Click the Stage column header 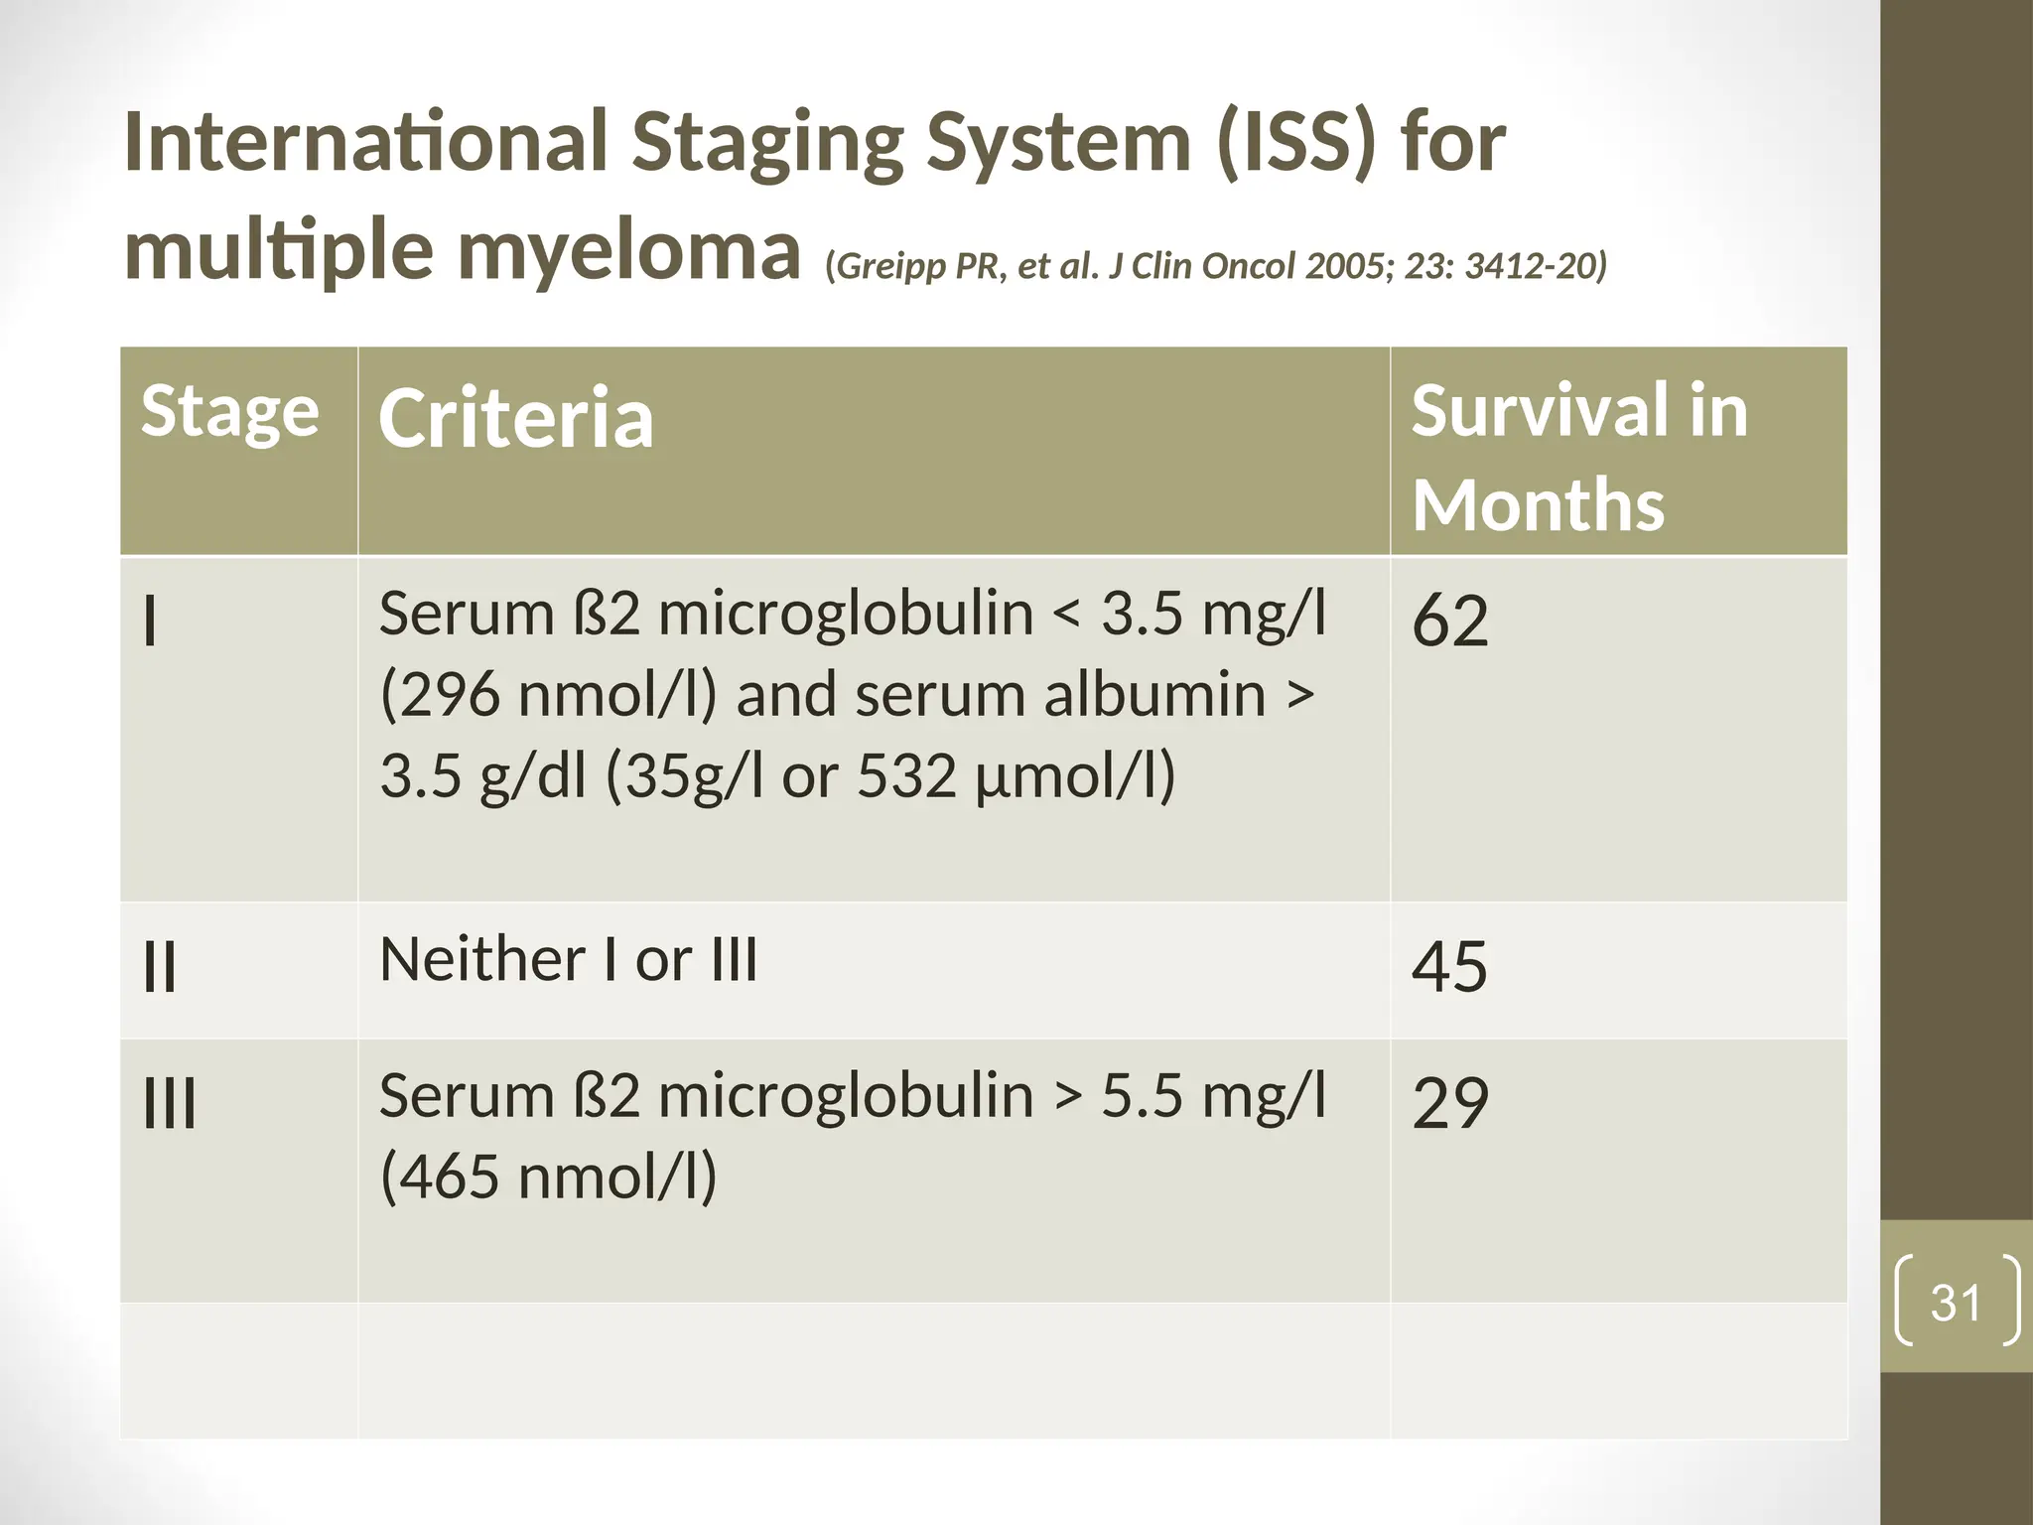(x=229, y=411)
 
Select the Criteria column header (x=516, y=419)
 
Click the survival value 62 (x=1449, y=621)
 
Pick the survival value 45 (x=1449, y=966)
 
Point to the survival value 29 (x=1449, y=1103)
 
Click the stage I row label (x=150, y=623)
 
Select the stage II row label (x=160, y=967)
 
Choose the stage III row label (x=170, y=1104)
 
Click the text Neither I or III (x=568, y=960)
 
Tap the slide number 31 (x=1956, y=1302)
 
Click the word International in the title (x=364, y=142)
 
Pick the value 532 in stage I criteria (x=906, y=775)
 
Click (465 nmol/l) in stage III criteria (x=548, y=1177)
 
